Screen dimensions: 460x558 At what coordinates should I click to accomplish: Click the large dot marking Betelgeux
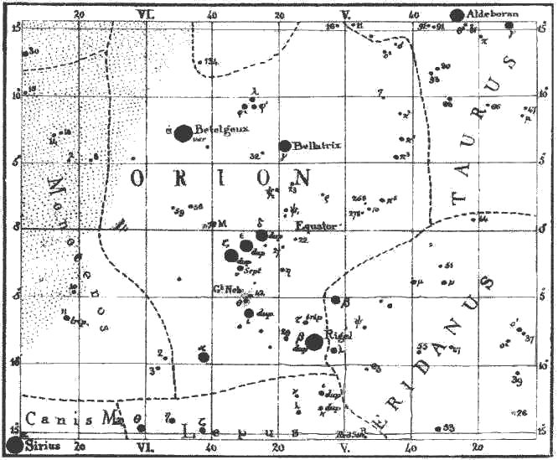coord(183,133)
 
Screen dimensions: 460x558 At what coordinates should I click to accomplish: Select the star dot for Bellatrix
coord(285,146)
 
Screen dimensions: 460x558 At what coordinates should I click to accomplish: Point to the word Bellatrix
coord(318,145)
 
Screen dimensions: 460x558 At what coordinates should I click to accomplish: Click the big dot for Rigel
coord(314,341)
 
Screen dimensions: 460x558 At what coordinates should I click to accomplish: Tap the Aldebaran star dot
coord(457,14)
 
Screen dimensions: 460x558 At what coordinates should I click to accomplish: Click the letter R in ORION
coord(183,178)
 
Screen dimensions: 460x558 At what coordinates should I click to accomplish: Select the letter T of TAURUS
coord(457,198)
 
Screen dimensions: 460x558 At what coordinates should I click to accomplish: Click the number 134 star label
coord(210,61)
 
